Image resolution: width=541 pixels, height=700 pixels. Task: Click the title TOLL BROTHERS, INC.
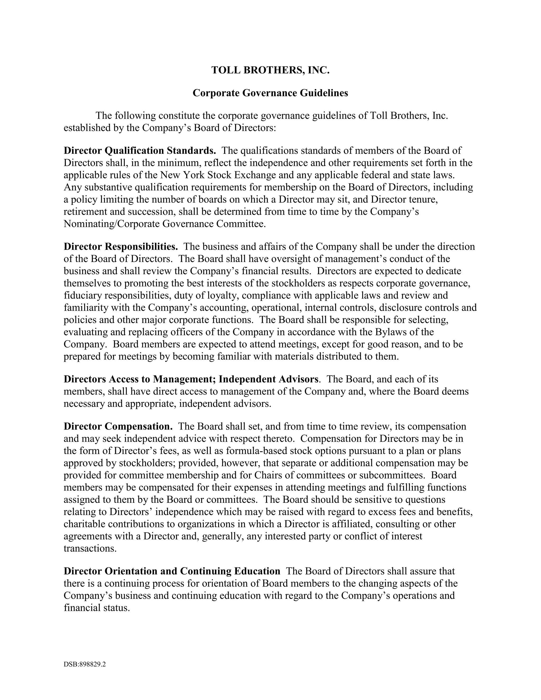(270, 70)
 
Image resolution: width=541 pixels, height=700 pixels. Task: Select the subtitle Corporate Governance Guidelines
(270, 93)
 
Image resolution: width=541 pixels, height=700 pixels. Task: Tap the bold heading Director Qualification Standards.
(140, 150)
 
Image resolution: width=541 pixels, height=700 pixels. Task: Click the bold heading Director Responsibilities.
(121, 246)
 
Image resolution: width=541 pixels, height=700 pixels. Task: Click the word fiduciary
(83, 295)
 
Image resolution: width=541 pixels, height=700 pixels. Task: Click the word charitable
(84, 524)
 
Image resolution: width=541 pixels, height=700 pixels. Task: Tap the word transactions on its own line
(90, 548)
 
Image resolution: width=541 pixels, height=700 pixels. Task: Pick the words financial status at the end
(96, 608)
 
